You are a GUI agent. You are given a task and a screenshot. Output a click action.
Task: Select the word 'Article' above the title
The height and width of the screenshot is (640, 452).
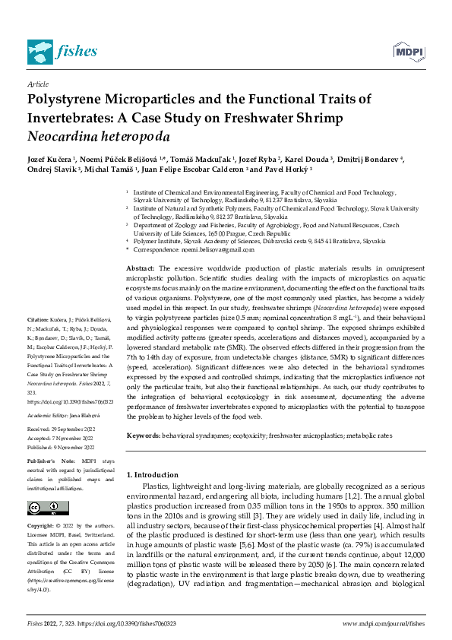[37, 84]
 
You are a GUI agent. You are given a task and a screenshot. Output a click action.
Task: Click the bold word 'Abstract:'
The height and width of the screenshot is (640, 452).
[140, 268]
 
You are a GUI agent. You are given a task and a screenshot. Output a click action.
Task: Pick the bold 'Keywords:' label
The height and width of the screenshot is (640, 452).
[144, 435]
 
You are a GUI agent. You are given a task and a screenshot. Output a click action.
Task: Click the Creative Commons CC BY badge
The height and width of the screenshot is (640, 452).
[43, 508]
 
